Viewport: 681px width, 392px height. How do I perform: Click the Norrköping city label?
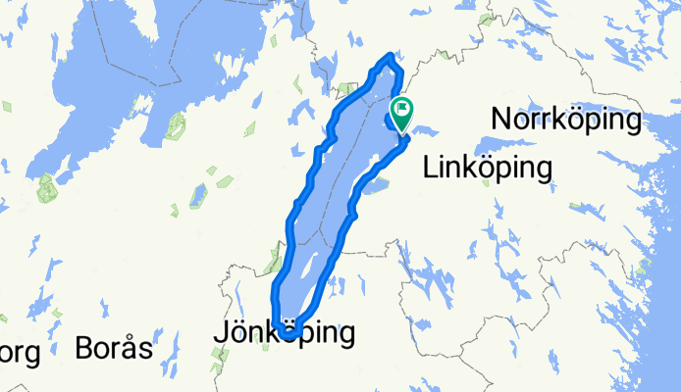(x=568, y=122)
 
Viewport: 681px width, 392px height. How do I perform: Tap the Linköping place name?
(x=487, y=169)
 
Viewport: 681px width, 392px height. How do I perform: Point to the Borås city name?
(x=115, y=349)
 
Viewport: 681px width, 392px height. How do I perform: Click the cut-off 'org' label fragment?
(x=20, y=352)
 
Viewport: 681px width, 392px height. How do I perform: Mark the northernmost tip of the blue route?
(x=393, y=55)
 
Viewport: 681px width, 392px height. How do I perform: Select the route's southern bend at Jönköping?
(x=288, y=336)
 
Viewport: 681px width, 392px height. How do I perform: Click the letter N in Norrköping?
(x=503, y=122)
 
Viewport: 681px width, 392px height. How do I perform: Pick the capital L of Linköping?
(x=430, y=169)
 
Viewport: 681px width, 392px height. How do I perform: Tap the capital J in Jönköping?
(x=220, y=334)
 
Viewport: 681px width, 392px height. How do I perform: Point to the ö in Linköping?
(x=490, y=168)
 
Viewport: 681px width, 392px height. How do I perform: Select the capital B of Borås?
(x=85, y=349)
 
